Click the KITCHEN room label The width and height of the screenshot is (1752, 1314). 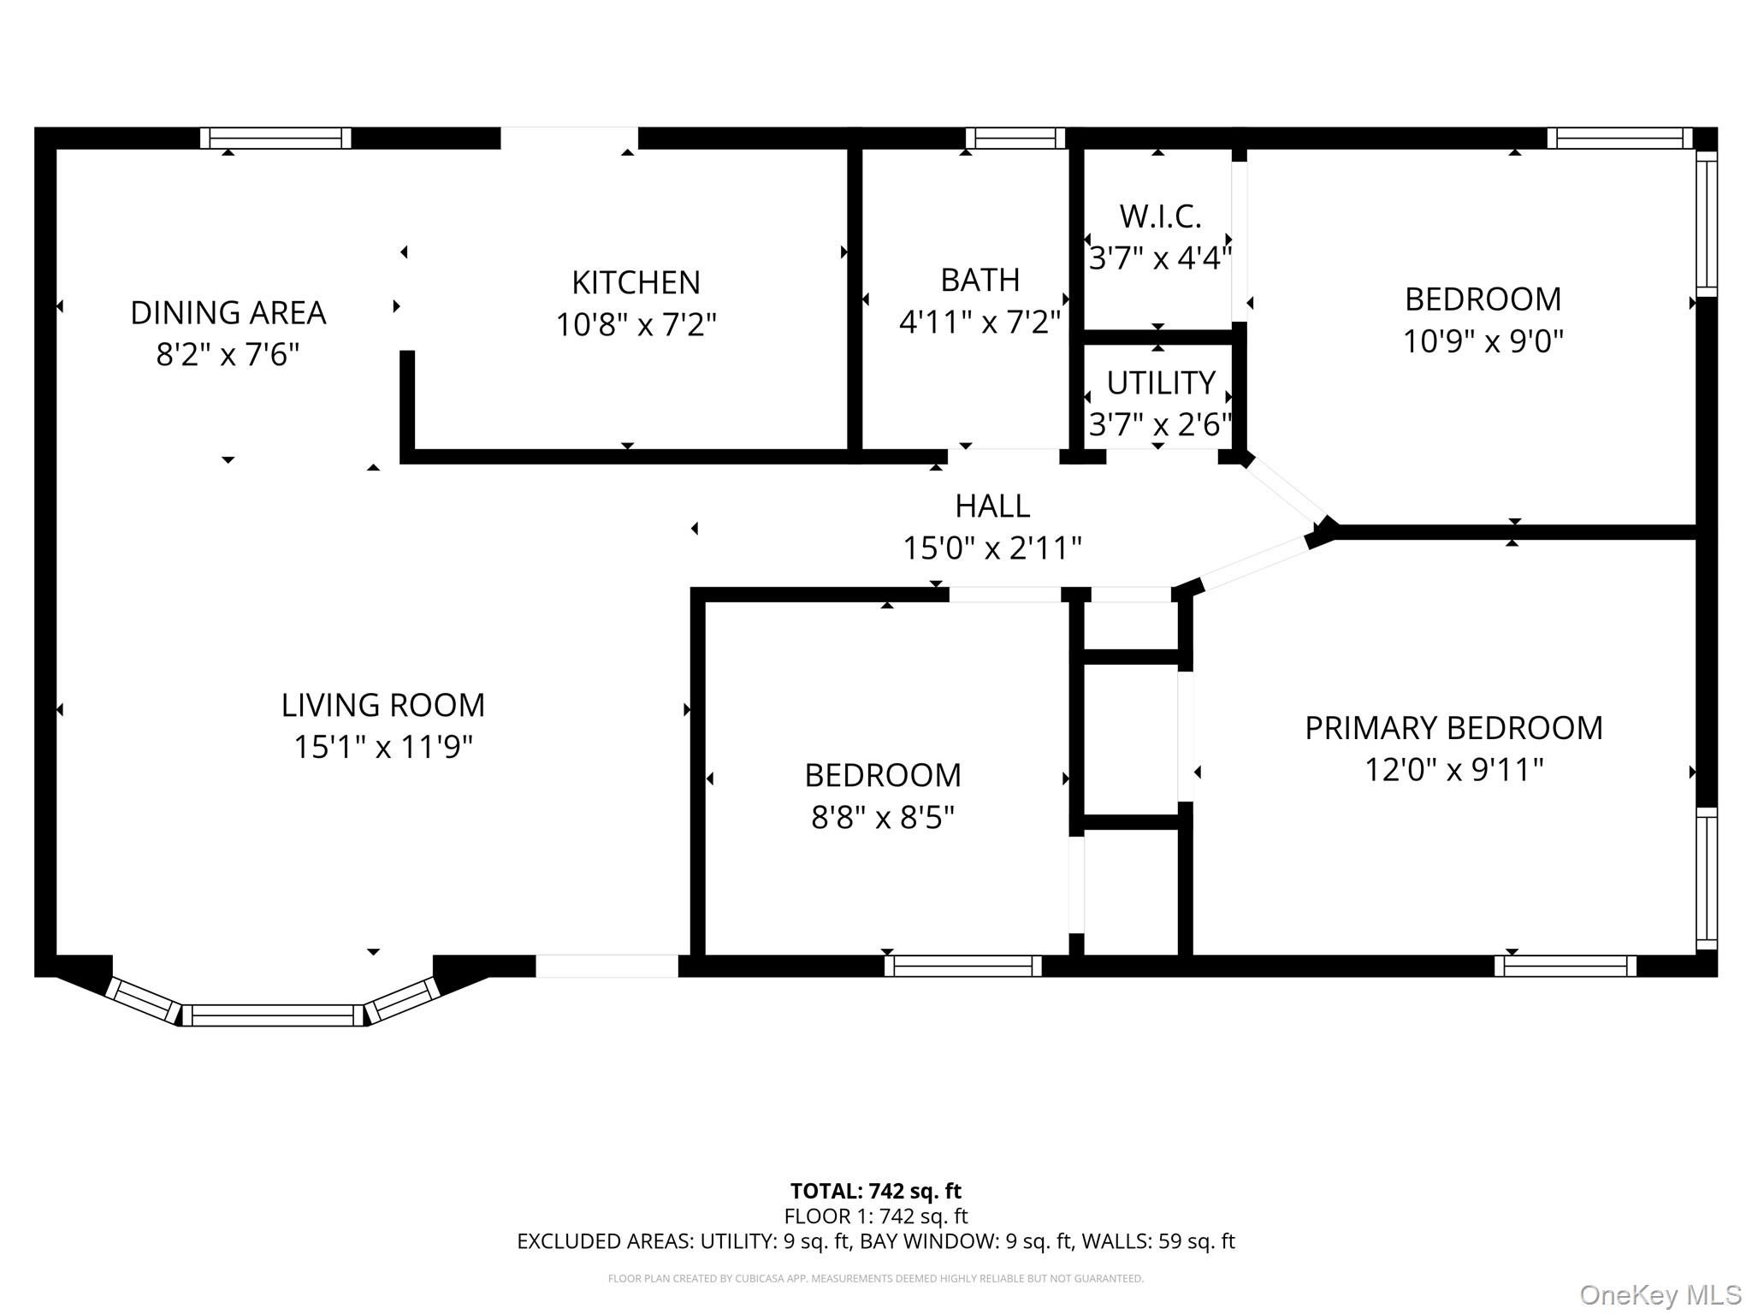(636, 282)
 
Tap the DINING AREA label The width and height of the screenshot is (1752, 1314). (228, 313)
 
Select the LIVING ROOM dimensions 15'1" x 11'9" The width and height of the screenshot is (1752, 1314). (383, 747)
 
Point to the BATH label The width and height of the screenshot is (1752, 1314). (980, 280)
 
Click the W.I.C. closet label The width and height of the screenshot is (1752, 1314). (1161, 216)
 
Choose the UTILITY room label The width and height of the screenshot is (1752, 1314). (1161, 383)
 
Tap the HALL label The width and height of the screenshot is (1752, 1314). (992, 506)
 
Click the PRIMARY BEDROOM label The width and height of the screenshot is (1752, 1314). (1453, 728)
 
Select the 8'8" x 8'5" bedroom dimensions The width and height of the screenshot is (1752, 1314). (883, 817)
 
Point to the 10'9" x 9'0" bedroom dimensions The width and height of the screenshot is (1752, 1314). (1483, 341)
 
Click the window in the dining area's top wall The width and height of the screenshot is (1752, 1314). (275, 139)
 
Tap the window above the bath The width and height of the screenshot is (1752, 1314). (1015, 139)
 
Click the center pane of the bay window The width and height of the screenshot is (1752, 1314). (273, 1015)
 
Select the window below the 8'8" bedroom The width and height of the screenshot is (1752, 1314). (963, 966)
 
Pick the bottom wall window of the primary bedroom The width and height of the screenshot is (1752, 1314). (1566, 966)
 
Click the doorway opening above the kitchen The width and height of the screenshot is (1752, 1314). (569, 139)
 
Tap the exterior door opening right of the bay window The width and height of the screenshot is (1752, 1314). (607, 966)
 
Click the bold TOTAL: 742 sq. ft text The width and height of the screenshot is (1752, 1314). (876, 1191)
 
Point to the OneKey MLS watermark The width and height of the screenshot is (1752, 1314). (1660, 1295)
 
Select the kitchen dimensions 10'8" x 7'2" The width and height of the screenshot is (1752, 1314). (636, 325)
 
